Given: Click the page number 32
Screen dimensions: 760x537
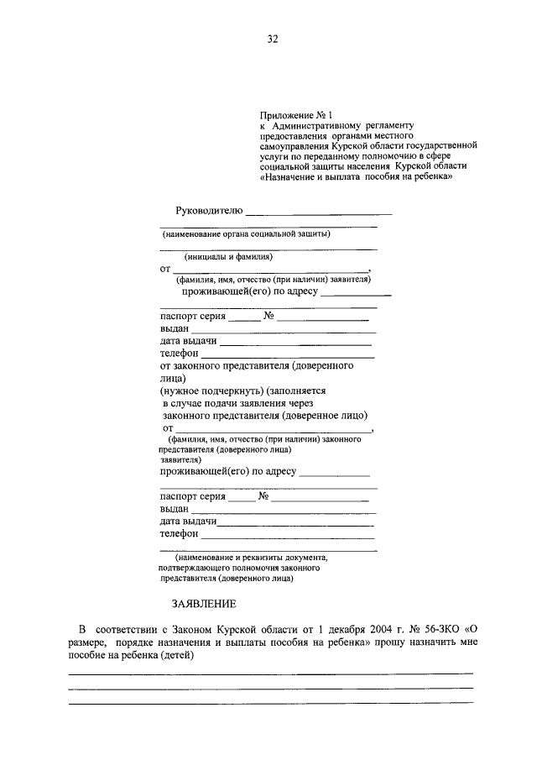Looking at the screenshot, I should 272,39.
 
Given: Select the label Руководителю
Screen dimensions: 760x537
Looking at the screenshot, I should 208,209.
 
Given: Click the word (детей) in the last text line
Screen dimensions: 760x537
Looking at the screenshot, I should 175,655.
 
